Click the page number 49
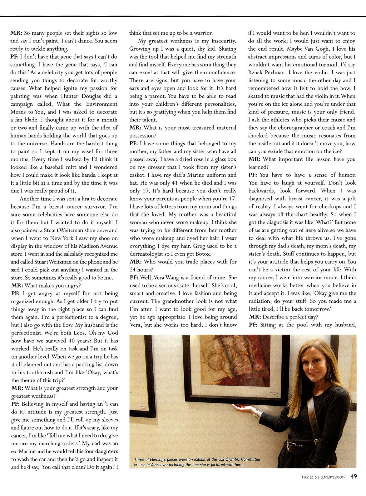tap(353, 476)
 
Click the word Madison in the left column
tap(84, 246)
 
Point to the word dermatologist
tap(146, 254)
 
